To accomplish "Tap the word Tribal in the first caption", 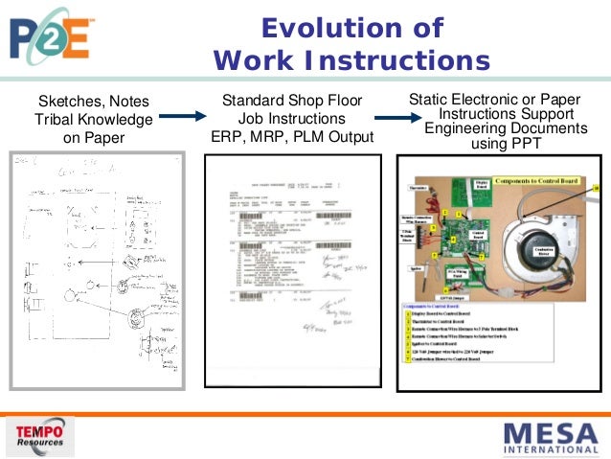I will point(59,120).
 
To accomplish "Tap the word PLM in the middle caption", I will point(307,136).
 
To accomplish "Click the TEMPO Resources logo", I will point(42,437).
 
